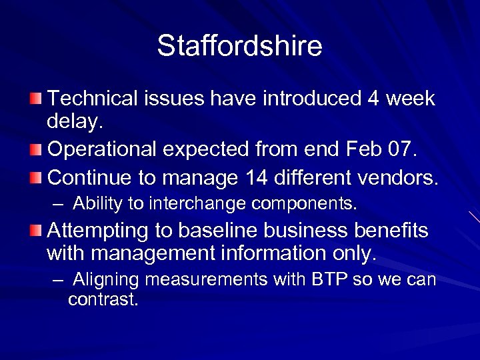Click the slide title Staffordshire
coord(239,46)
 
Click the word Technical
coord(93,99)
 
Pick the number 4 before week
coord(373,99)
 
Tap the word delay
coord(75,122)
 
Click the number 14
coord(257,178)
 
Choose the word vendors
coord(400,178)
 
